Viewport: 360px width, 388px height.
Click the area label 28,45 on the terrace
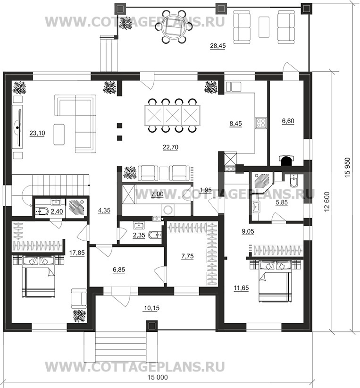[x=218, y=46]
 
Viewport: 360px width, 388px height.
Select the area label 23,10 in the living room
[x=37, y=133]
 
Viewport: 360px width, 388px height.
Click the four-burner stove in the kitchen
[x=261, y=123]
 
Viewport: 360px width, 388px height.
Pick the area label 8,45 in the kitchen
[x=235, y=124]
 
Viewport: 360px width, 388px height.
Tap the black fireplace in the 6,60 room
[x=286, y=160]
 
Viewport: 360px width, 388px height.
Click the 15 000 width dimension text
[x=158, y=377]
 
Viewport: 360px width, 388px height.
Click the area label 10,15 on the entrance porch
[x=151, y=308]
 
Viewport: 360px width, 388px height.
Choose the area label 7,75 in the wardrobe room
[x=187, y=256]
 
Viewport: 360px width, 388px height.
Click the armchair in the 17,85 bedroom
[x=79, y=298]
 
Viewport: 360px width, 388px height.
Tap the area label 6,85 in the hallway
[x=119, y=270]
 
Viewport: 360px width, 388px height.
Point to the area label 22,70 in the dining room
[x=170, y=147]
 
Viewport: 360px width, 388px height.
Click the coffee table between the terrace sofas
[x=264, y=27]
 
